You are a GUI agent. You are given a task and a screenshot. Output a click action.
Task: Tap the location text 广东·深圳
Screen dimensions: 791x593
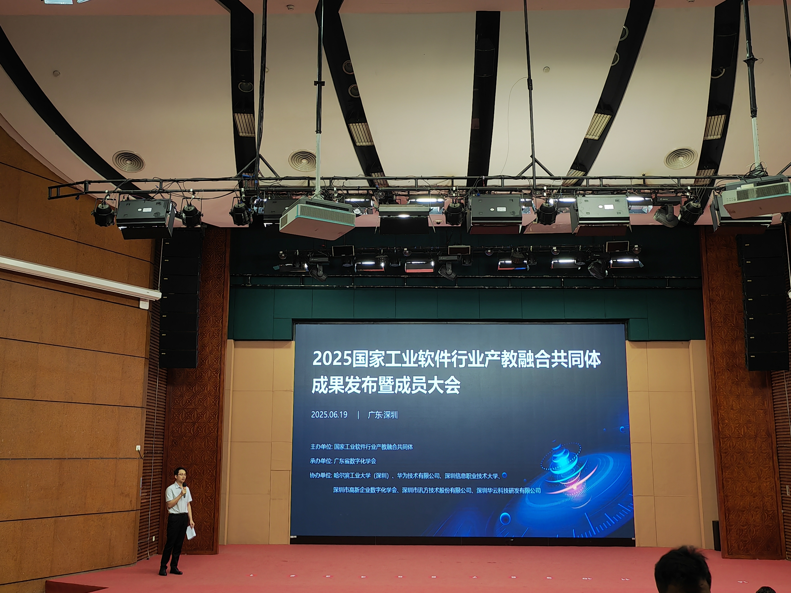(x=383, y=415)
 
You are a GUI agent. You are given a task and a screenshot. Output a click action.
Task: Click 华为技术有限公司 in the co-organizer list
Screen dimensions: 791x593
(x=418, y=476)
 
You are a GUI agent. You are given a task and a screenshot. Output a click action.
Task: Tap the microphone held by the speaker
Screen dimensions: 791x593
(x=184, y=490)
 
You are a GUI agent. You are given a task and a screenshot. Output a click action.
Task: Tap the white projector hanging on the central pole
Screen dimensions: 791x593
(x=317, y=218)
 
